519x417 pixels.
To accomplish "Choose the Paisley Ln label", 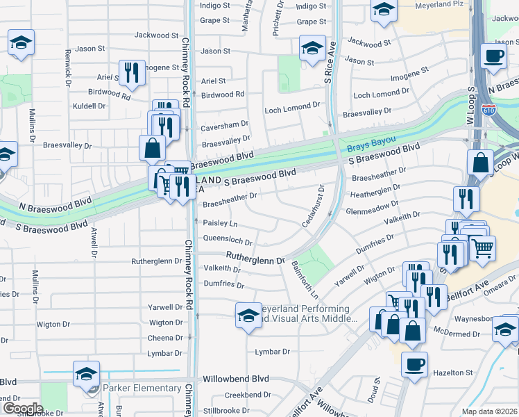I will tap(220, 223).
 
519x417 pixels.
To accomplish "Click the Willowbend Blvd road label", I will tap(235, 380).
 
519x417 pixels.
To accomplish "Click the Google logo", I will tap(23, 409).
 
